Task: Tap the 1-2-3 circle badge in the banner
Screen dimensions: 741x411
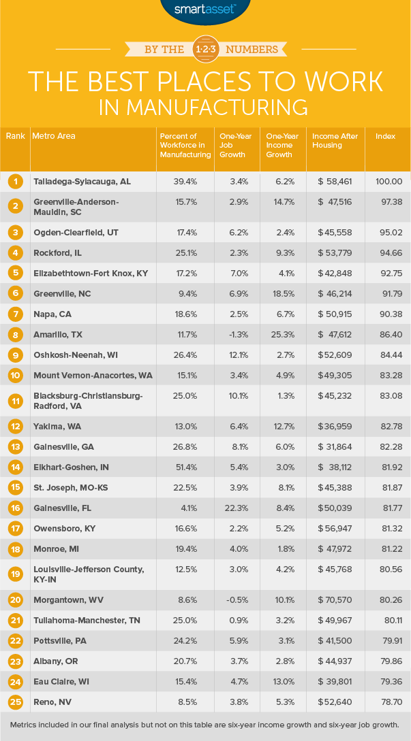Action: pos(205,50)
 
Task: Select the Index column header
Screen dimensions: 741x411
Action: pos(385,136)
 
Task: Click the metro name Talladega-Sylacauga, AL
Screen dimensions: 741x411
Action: pos(82,182)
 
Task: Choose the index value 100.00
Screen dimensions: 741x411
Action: pos(389,182)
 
